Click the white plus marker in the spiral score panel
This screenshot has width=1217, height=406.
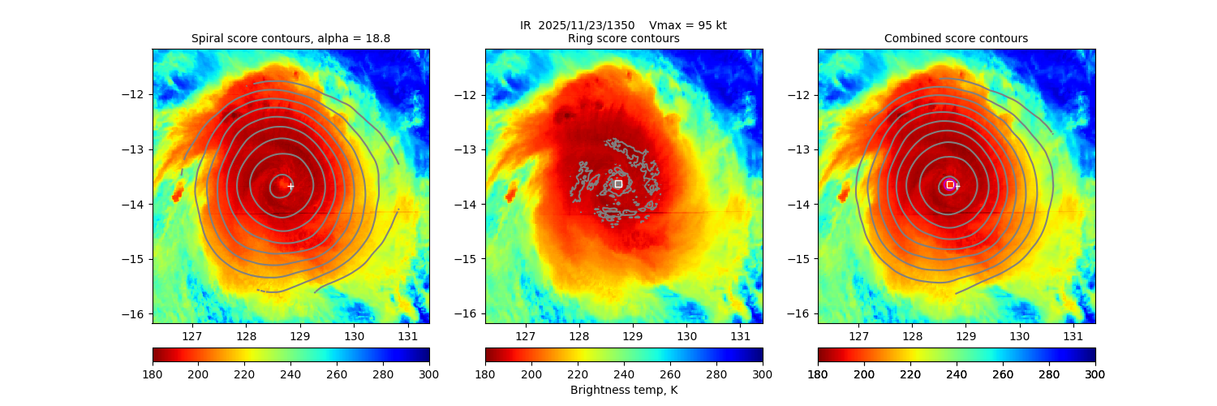[x=290, y=186]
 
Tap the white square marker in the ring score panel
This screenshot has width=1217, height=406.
[x=618, y=184]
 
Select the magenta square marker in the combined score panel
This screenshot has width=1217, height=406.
[x=950, y=184]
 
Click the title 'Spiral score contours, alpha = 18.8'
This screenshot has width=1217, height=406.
[x=290, y=38]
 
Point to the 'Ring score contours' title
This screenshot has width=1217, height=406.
[x=623, y=38]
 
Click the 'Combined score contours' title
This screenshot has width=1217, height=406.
[x=956, y=38]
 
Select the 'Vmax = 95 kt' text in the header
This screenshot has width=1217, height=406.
[x=688, y=25]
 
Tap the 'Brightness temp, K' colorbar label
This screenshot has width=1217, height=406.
[x=623, y=391]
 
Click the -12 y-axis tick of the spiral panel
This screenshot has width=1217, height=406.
[x=136, y=94]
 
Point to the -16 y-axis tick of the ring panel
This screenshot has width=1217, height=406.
[x=469, y=314]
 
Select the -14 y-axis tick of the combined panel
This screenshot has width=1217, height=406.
[x=802, y=204]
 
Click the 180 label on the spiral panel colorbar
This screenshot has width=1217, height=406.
[x=153, y=374]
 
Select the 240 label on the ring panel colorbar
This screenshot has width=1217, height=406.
[x=624, y=374]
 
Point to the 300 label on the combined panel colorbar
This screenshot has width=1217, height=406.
[x=1094, y=374]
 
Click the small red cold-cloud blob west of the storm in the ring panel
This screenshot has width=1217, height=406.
[x=510, y=193]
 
